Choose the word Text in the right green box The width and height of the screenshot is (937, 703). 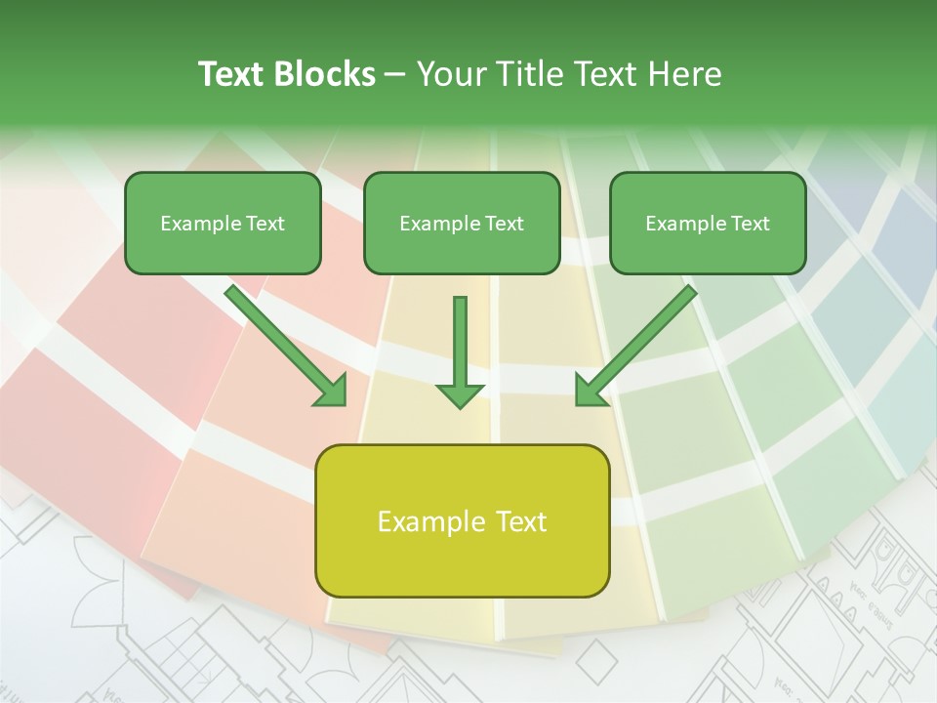click(x=751, y=224)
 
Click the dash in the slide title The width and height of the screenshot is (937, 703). click(x=395, y=74)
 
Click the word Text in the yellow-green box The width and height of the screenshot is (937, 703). click(x=520, y=521)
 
